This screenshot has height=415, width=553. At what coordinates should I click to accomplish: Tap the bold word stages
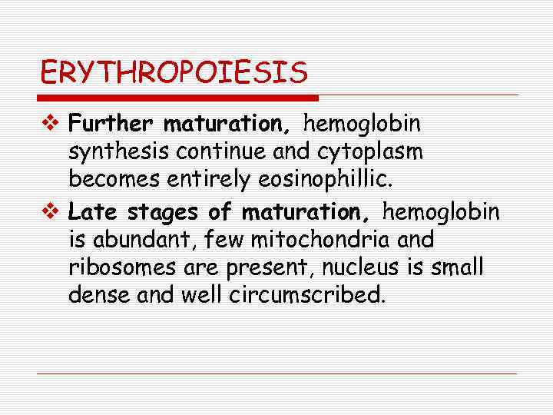coord(157,211)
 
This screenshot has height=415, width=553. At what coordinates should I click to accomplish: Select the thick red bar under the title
coord(178,98)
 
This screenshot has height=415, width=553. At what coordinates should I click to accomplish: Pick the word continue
coord(224,152)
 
